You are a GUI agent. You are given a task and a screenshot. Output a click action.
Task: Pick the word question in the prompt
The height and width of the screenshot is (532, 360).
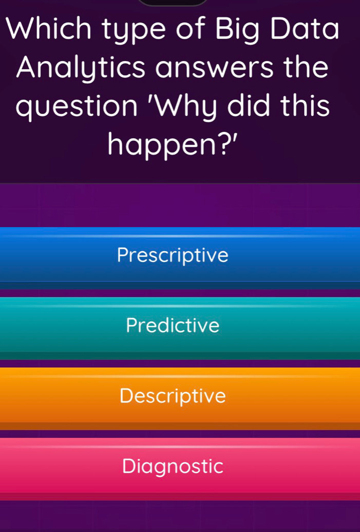coord(77,107)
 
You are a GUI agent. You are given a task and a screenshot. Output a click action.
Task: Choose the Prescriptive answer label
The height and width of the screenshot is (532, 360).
coord(173,256)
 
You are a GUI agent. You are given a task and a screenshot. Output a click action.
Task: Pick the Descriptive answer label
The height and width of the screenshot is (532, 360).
coord(173,396)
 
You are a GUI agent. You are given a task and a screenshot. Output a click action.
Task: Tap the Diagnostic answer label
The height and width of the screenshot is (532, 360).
coord(173,467)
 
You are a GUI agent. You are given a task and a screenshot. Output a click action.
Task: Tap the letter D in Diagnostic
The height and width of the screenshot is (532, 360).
coord(129,466)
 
